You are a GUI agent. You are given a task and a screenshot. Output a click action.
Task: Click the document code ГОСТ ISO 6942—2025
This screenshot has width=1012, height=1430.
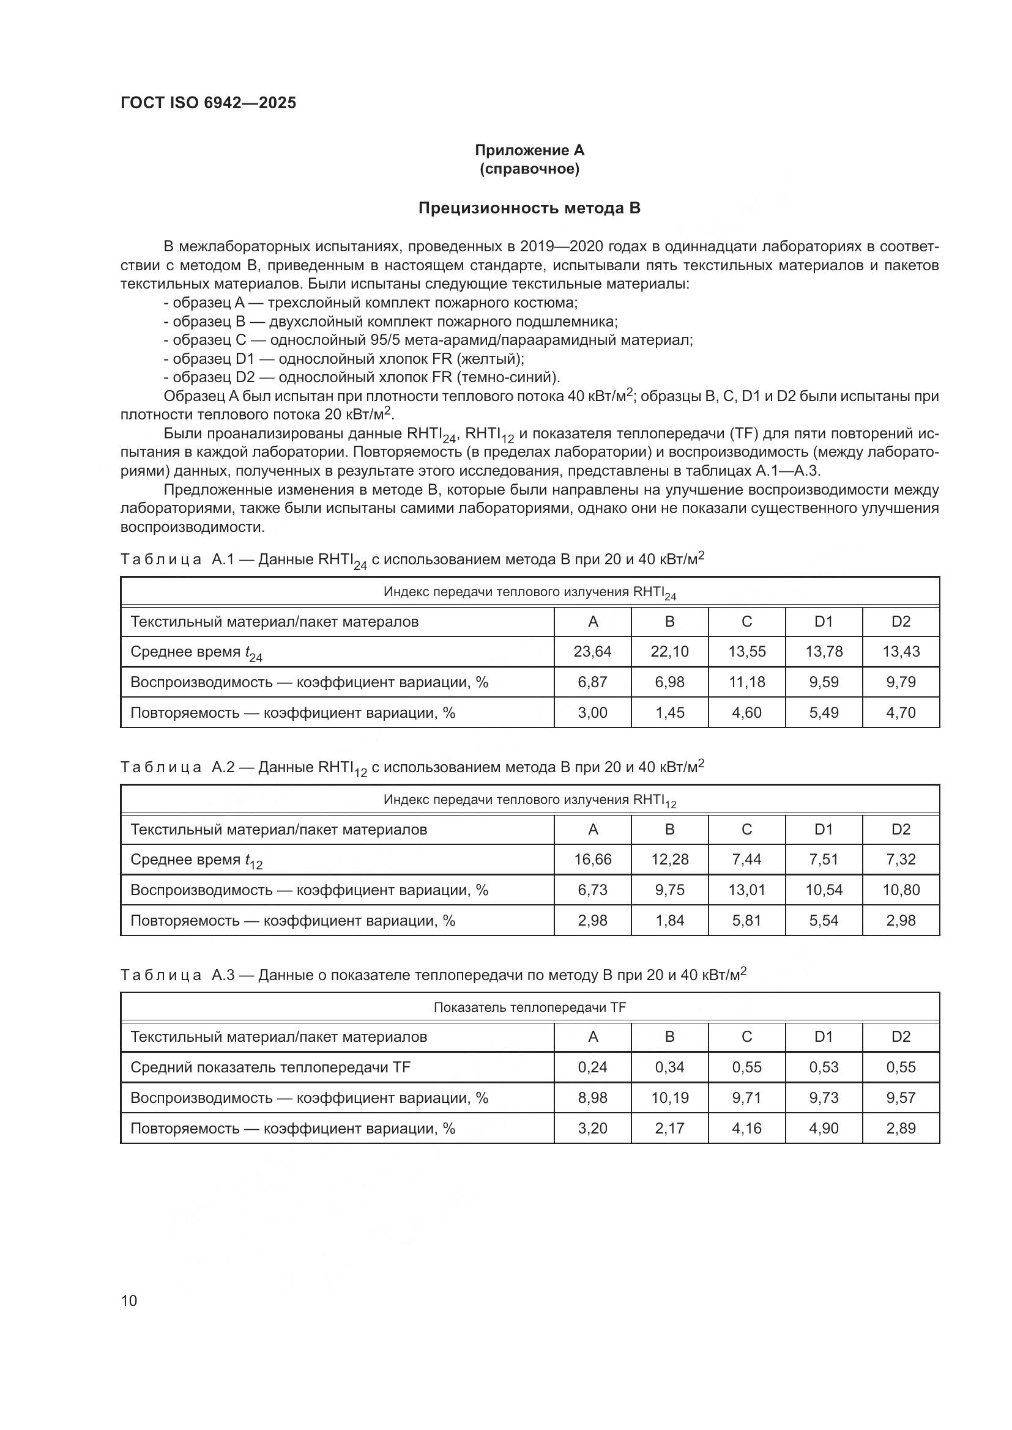(208, 103)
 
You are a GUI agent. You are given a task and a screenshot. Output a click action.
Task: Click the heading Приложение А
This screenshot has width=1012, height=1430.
(529, 150)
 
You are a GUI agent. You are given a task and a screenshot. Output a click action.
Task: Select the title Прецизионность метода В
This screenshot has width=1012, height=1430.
(529, 208)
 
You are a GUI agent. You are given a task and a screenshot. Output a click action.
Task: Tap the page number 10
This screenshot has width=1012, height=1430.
(129, 1300)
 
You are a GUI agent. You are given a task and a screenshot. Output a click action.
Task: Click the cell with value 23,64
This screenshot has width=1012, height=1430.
(592, 652)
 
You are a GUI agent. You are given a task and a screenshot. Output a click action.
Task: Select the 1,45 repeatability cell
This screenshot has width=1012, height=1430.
(669, 712)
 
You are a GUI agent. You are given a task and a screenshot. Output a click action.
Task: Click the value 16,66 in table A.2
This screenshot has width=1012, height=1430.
(592, 860)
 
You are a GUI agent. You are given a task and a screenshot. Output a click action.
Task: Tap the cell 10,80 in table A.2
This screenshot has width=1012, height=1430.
(901, 890)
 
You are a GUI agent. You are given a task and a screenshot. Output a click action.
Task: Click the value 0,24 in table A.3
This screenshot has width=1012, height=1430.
(592, 1067)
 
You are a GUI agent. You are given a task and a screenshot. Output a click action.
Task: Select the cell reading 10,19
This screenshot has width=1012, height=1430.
(669, 1098)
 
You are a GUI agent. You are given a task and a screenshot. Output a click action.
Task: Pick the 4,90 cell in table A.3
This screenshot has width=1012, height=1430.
(823, 1129)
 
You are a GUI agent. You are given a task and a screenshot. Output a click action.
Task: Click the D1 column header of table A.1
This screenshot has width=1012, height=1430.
(823, 622)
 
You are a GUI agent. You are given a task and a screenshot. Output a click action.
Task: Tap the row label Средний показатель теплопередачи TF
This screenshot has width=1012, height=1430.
(270, 1067)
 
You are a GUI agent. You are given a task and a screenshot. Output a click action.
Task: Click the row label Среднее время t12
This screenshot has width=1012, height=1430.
(196, 860)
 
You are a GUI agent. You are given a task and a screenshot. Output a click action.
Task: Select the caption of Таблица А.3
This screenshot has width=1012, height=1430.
(433, 975)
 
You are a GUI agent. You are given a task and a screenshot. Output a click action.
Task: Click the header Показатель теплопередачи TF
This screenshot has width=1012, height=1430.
(529, 1007)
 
